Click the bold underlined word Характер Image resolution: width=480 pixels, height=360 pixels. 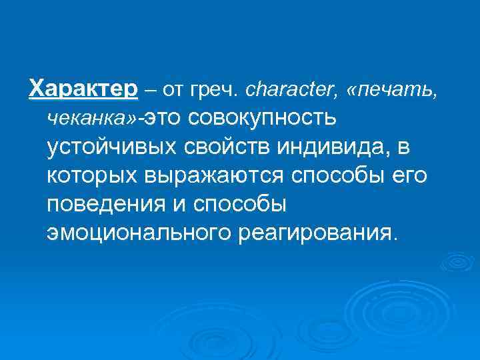click(x=83, y=87)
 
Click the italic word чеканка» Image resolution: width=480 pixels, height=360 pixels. click(x=90, y=117)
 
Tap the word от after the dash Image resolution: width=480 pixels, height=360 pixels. click(x=167, y=88)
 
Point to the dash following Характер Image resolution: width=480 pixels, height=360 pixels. click(x=147, y=88)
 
